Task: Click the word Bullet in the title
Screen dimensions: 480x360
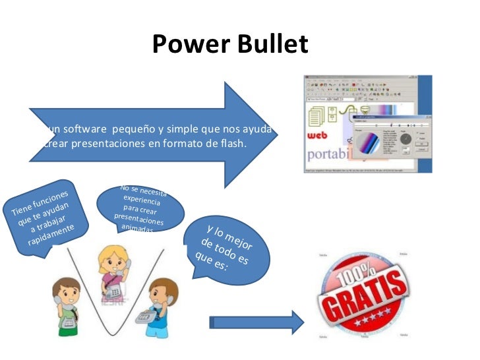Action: pos(273,45)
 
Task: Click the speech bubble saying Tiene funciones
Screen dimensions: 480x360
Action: pos(44,218)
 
